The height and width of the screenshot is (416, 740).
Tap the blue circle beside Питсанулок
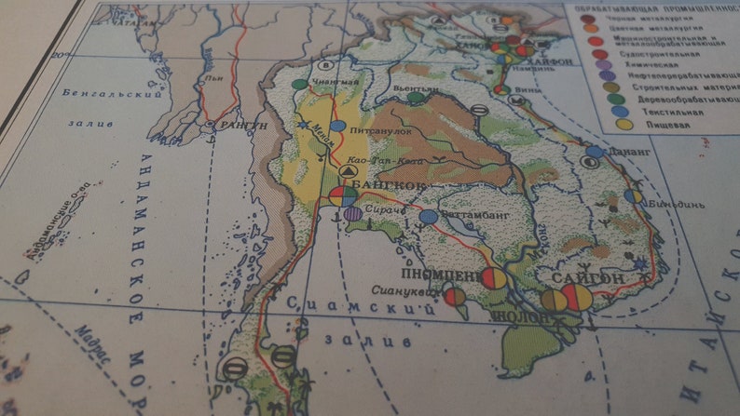coord(337,126)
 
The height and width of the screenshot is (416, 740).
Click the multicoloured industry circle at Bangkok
coord(342,196)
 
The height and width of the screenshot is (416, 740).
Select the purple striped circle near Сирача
coord(352,214)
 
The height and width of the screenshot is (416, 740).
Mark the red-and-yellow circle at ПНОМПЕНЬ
coord(494,278)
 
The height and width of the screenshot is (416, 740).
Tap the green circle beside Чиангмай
coord(299,85)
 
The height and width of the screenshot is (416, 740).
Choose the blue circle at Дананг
coord(594,152)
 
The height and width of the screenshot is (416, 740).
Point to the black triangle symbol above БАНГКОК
coord(348,173)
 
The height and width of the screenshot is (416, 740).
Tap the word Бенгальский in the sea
coord(100,93)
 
